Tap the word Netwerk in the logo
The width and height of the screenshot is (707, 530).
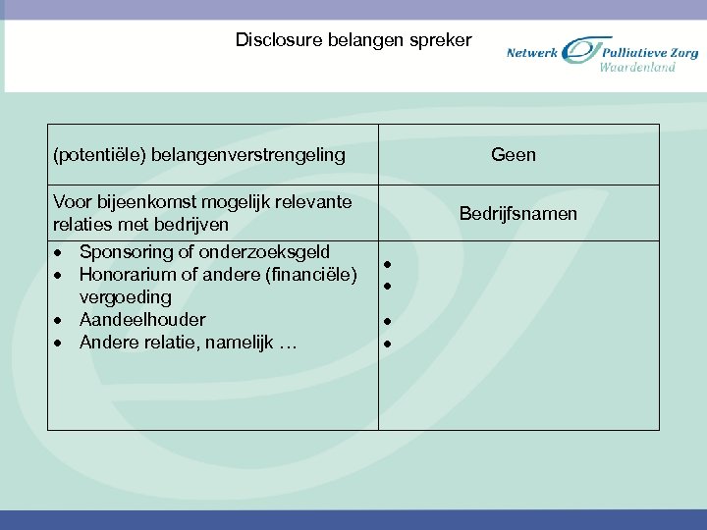click(x=532, y=53)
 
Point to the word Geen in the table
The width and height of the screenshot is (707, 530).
click(x=514, y=154)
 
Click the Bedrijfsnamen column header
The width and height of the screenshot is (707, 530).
click(x=518, y=213)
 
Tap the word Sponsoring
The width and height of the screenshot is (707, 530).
click(x=125, y=252)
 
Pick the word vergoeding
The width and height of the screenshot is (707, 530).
click(x=125, y=296)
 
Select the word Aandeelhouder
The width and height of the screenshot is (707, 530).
click(x=142, y=319)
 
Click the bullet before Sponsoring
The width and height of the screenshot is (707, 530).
click(x=61, y=253)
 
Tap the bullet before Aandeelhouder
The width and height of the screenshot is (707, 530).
click(x=61, y=320)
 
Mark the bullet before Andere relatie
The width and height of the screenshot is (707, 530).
click(x=61, y=343)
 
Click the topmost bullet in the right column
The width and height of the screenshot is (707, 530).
click(x=389, y=265)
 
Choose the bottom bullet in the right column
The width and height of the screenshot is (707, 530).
click(x=389, y=344)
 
